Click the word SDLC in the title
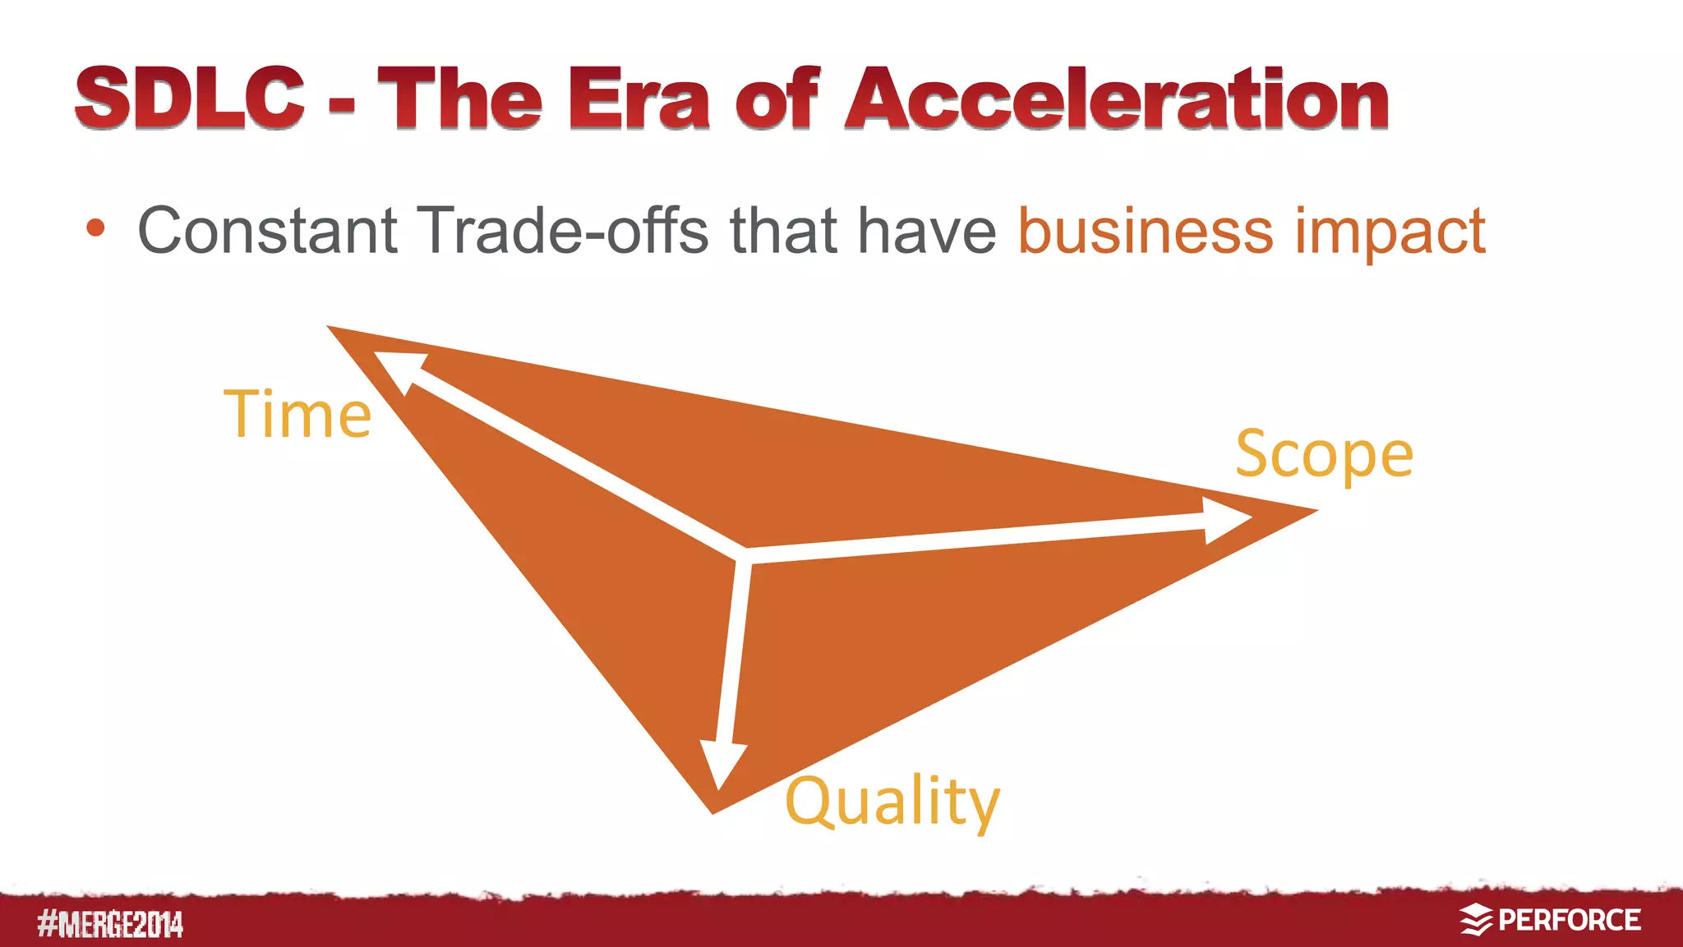(x=190, y=98)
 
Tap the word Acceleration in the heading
(x=1116, y=99)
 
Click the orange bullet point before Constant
(x=95, y=228)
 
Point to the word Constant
(x=268, y=231)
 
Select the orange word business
(x=1146, y=231)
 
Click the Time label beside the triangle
(x=297, y=414)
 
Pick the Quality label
(x=892, y=802)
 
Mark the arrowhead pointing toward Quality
(x=722, y=763)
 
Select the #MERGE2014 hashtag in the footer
(x=110, y=925)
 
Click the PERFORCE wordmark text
(x=1569, y=920)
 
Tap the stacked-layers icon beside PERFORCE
(x=1476, y=920)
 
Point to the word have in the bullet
(x=926, y=231)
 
